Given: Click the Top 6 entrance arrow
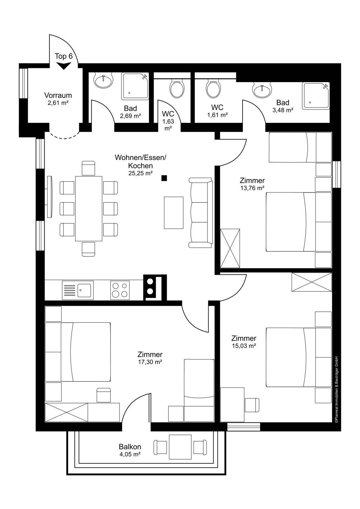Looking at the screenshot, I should click(64, 66).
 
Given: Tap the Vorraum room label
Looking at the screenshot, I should click(58, 95).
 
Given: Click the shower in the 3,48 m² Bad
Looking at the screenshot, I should click(316, 96).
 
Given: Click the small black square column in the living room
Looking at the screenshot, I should click(164, 178).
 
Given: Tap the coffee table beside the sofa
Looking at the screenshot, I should click(173, 213).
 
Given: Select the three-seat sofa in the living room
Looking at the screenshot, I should click(201, 213).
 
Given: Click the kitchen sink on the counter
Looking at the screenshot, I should click(78, 290).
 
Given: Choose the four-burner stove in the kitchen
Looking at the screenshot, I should click(120, 290).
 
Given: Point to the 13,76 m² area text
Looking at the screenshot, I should click(252, 188).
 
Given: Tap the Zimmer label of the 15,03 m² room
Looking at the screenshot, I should click(244, 338).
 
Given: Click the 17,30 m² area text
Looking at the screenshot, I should click(150, 362).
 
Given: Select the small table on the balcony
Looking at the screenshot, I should click(180, 447).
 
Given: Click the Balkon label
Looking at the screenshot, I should click(130, 447).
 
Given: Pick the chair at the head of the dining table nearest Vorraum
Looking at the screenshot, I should click(88, 168).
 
